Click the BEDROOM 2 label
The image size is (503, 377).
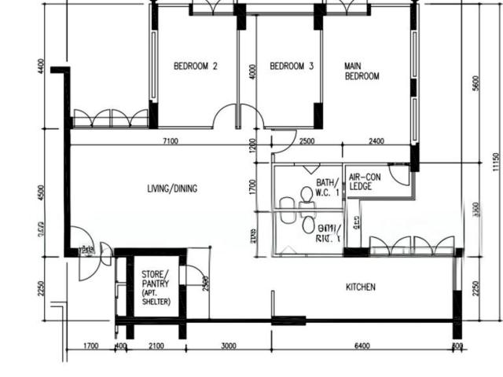coord(195,67)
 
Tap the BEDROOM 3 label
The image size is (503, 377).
coord(292,67)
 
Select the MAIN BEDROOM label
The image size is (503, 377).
coord(362,71)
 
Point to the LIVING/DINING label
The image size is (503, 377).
coord(172,188)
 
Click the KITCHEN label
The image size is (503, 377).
coord(361,287)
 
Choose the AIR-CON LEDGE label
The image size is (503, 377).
coord(365,182)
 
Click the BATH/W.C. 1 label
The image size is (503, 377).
coord(329,187)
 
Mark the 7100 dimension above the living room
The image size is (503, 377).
coord(170,141)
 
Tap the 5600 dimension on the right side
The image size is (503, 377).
coord(475,83)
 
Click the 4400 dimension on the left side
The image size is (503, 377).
coord(41,66)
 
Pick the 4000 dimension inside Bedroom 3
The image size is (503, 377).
coord(252,71)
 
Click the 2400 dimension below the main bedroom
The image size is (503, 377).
coord(376,141)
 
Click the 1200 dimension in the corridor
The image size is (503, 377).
coord(252,145)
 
